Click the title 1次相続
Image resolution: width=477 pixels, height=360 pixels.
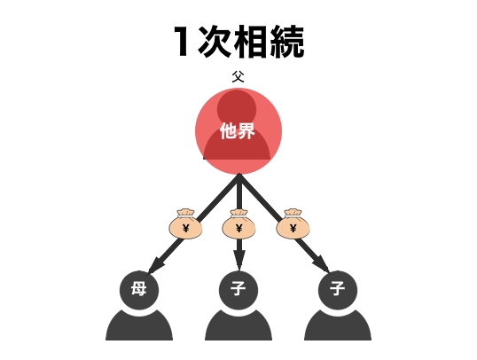coord(239,42)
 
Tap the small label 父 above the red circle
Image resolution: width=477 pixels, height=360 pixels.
coord(238,76)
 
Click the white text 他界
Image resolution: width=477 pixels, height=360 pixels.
coord(238,131)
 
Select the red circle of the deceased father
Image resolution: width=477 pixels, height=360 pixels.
coord(238,131)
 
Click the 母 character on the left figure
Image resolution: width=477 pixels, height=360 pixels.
coord(139,288)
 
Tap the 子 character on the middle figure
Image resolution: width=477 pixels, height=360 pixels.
coord(238,288)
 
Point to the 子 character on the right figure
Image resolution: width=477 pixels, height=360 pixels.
coord(338,288)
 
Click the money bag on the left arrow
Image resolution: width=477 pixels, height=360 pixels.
coord(185,224)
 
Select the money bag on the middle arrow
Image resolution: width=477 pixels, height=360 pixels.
coord(238,224)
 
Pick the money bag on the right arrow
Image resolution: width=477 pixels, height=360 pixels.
coord(293,224)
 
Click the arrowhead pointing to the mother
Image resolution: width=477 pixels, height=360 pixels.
coord(156,265)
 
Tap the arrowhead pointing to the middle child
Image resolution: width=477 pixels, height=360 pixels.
coord(239,261)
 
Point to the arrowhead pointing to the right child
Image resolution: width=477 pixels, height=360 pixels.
coord(321,264)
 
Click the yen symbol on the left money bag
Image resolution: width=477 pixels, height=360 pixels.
coord(186,228)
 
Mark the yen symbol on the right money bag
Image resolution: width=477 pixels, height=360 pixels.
coord(293,228)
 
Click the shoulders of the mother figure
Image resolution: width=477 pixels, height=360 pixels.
coord(139,325)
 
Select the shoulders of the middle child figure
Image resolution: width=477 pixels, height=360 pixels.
coord(238,325)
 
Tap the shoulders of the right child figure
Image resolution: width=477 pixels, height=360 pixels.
coord(338,325)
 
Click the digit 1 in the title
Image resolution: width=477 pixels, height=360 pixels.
coord(182,42)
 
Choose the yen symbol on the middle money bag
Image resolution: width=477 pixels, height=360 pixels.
coord(239,228)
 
